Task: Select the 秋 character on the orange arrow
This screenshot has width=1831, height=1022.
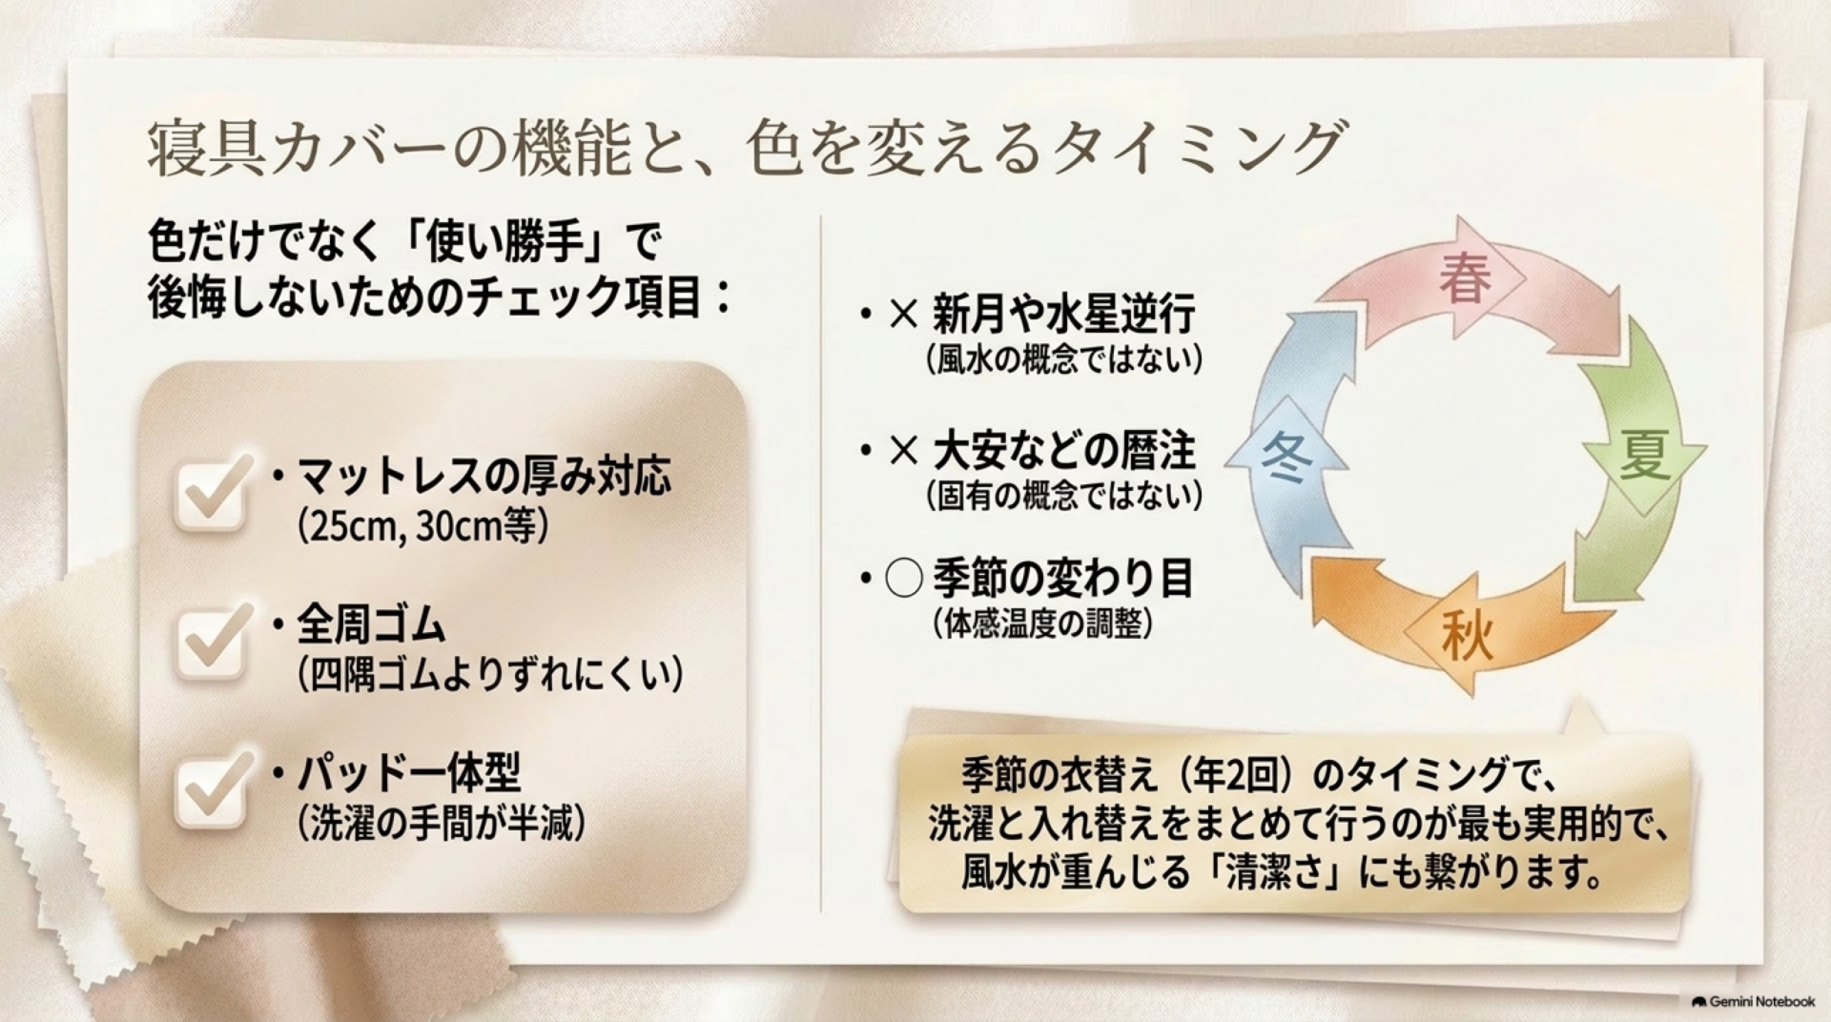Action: (1467, 635)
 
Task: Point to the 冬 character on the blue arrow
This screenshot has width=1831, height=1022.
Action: (1287, 457)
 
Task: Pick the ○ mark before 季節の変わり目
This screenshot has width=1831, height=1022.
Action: (903, 579)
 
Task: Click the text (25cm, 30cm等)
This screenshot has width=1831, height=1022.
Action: (423, 525)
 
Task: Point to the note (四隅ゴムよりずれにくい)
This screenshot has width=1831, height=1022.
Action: (490, 674)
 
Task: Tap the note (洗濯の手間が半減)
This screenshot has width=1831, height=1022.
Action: (441, 823)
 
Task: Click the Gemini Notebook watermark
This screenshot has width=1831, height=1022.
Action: (1754, 1002)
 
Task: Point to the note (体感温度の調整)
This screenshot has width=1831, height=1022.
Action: (1044, 623)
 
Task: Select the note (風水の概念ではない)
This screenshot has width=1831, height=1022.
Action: (1064, 358)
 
